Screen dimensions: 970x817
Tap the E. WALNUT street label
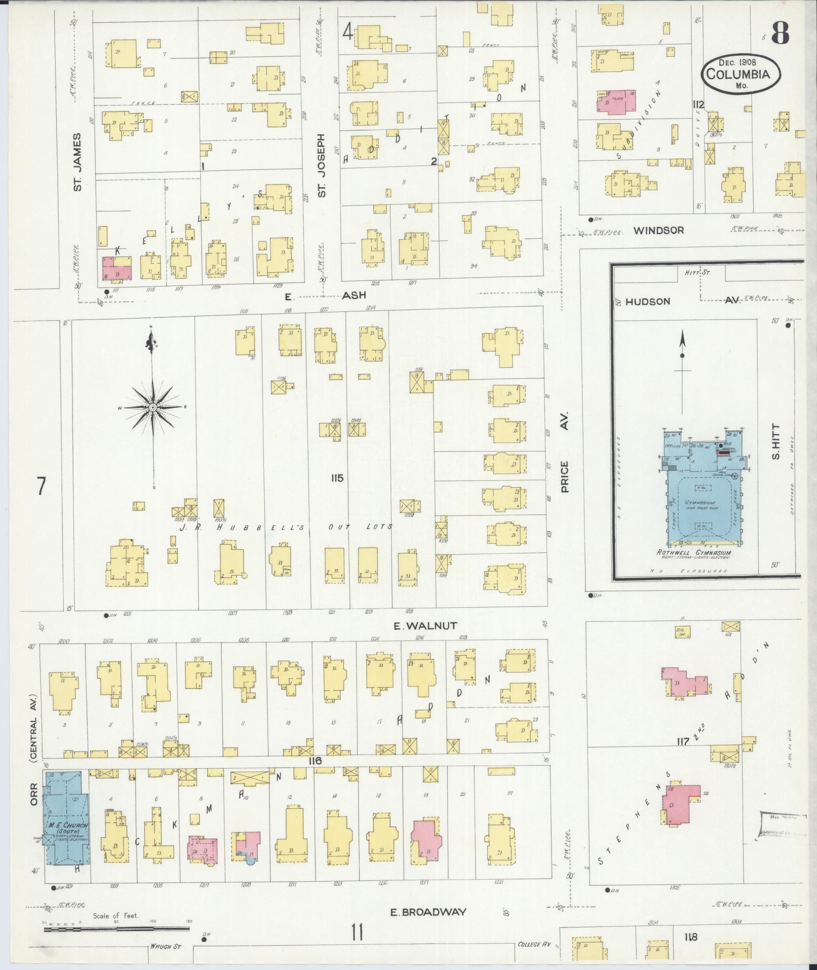418,626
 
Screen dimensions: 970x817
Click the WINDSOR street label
658,230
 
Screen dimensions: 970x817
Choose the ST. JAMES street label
77,162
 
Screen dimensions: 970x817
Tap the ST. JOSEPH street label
322,165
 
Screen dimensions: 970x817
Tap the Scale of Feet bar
116,929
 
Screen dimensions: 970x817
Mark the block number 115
337,478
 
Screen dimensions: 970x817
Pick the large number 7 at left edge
42,487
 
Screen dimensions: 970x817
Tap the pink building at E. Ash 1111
117,268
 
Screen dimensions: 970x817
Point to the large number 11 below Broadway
357,932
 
